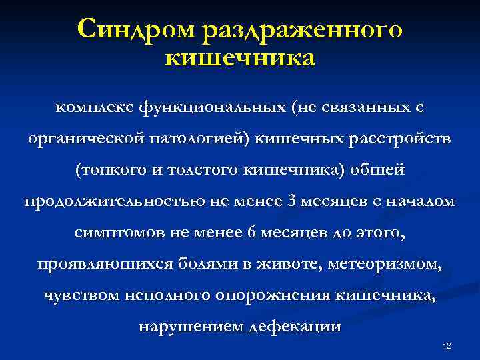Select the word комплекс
tap(95, 107)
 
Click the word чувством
tap(79, 295)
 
